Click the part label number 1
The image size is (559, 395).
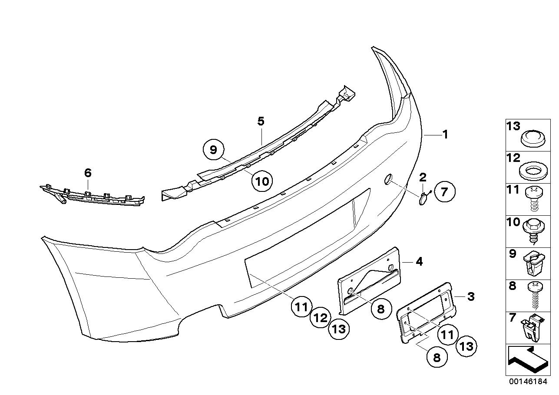pos(445,135)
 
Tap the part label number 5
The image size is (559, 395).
pos(261,121)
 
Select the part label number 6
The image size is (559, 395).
pos(88,173)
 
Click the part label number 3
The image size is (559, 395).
pos(470,297)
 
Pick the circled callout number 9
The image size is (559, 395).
pos(213,150)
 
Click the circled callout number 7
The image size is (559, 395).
pos(444,191)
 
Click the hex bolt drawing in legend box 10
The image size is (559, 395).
pos(533,230)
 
